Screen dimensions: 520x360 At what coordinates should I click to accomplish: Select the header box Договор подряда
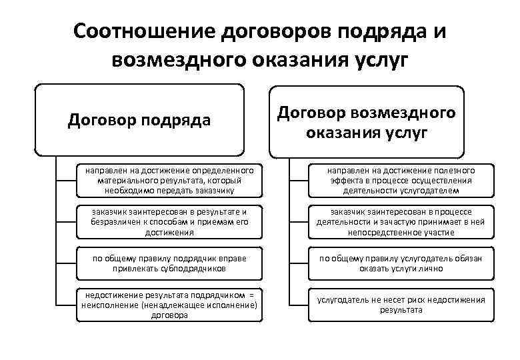click(x=139, y=120)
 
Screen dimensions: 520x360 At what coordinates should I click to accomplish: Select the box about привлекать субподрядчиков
click(x=169, y=263)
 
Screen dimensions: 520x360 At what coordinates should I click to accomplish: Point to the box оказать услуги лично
click(x=401, y=263)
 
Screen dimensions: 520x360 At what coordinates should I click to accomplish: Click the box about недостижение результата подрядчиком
click(x=169, y=305)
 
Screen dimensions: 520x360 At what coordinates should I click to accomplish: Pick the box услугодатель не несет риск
click(x=401, y=305)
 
